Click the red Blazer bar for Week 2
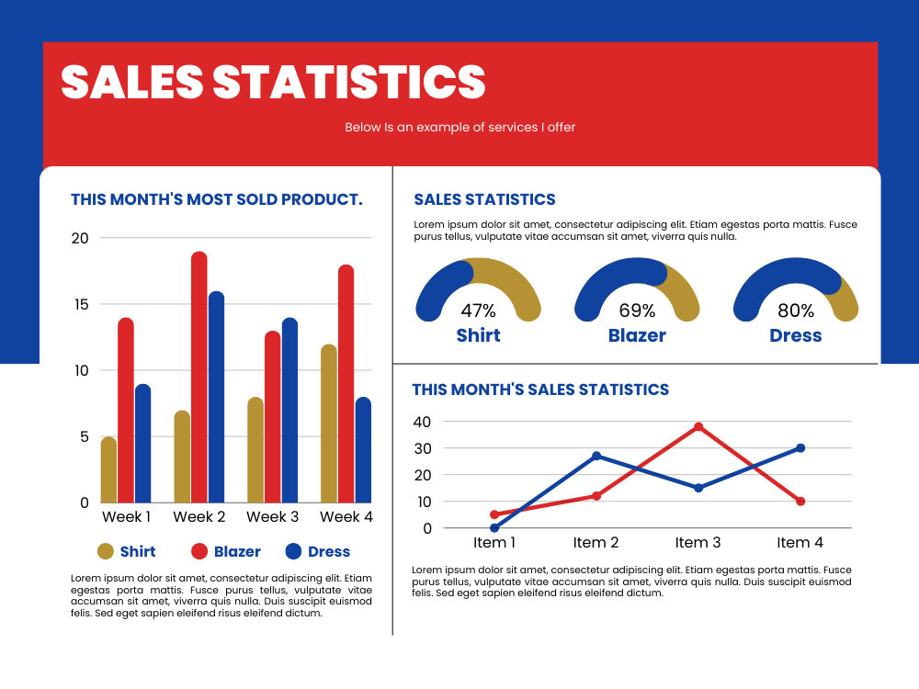point(199,377)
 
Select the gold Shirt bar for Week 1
point(109,469)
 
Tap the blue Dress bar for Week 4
point(363,449)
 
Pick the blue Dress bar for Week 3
point(290,410)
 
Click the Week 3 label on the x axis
point(273,516)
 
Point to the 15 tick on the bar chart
point(81,304)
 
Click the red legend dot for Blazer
point(199,551)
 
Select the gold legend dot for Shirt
point(106,551)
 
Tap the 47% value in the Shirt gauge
point(478,311)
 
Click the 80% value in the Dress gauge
point(796,311)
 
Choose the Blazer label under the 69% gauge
point(637,335)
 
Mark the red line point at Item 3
point(698,427)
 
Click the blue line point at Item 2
point(596,456)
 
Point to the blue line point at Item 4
point(800,448)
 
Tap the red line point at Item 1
point(494,514)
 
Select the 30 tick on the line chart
point(423,448)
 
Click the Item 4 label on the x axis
point(800,543)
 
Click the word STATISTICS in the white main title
point(348,82)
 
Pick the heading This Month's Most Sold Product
point(217,199)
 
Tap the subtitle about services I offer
point(460,127)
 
